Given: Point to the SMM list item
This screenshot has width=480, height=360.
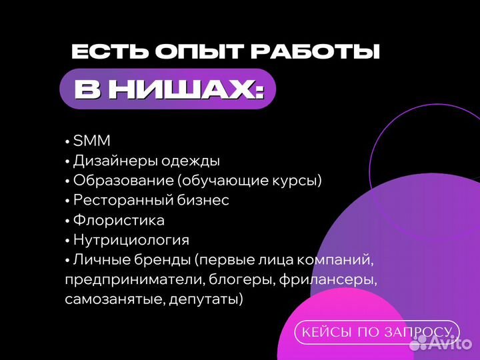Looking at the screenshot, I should [91, 141].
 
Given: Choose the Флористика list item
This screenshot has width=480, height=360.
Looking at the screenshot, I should [119, 220].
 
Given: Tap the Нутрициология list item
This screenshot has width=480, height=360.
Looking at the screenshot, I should [131, 240].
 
